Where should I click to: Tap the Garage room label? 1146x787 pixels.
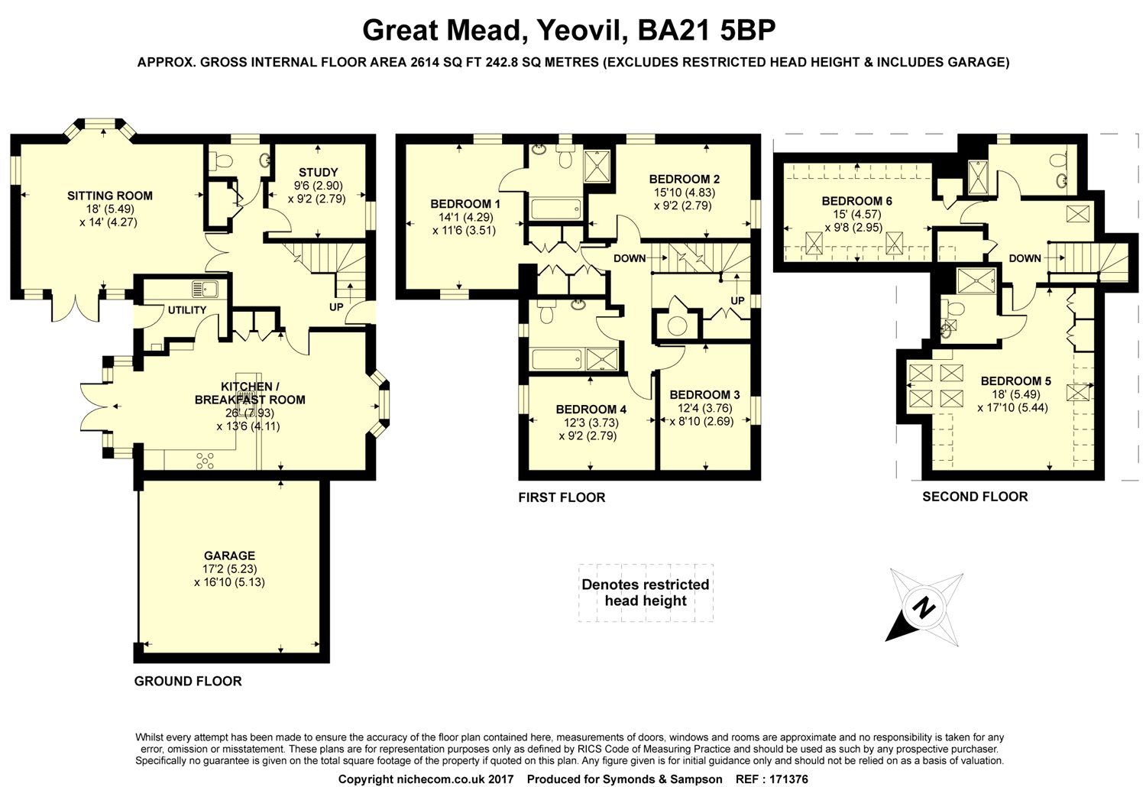pos(229,555)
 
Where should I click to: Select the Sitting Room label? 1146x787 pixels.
pos(110,196)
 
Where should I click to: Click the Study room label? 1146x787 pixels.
pos(318,173)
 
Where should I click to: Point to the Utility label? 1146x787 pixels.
pos(187,310)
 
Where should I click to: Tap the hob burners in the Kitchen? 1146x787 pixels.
pos(205,459)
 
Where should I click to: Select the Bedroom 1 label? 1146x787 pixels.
pos(465,204)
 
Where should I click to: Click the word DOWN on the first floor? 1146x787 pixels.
pos(630,258)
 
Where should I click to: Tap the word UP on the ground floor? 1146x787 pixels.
pos(336,307)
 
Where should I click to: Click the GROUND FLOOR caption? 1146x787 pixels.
pos(188,681)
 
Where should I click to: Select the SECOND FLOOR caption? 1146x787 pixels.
pos(975,497)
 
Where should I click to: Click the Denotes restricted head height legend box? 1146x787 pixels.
pos(646,593)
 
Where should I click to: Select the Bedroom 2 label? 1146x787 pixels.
pos(684,180)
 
